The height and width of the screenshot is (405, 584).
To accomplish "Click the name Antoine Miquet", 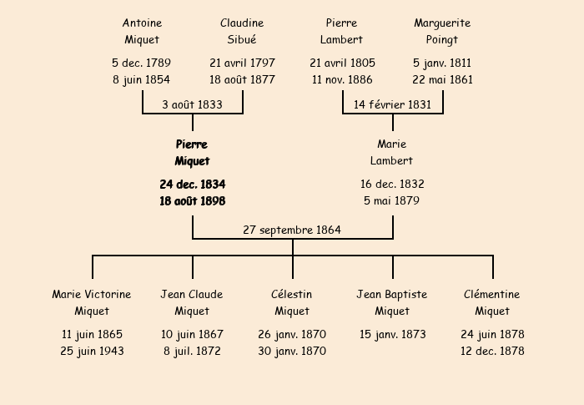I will [x=142, y=31].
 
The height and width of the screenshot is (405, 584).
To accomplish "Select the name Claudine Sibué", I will [x=242, y=31].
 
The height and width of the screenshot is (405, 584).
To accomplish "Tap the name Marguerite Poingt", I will [x=442, y=31].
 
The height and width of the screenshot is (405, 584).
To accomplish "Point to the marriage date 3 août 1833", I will [x=192, y=104].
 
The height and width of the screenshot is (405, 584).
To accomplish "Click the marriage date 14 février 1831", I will [x=392, y=104].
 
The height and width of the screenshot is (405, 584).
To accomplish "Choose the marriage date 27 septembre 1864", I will [x=292, y=230].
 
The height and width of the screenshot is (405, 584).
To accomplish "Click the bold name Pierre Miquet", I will [x=192, y=153].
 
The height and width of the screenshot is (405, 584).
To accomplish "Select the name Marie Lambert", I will [x=392, y=153].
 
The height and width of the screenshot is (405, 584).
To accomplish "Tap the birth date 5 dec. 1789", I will [x=142, y=63].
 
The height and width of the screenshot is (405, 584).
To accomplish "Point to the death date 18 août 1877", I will [x=242, y=80].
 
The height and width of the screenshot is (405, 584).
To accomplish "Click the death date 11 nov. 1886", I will [x=342, y=80].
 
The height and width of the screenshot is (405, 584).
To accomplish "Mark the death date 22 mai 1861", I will [x=442, y=80].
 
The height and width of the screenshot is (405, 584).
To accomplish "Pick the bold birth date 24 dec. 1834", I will [x=192, y=184].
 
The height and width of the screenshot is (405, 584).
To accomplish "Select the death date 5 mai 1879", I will [x=392, y=201].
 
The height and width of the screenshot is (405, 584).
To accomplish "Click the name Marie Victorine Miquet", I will [x=92, y=302].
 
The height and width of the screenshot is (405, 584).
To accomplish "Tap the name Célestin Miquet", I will [x=292, y=302].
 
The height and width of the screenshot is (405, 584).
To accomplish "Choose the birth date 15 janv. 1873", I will [x=392, y=334].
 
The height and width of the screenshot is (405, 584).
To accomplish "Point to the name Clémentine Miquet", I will [x=492, y=302].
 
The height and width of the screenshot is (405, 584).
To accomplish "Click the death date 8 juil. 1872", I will [x=192, y=352].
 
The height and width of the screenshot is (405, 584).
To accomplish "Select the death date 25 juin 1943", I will [x=92, y=352].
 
